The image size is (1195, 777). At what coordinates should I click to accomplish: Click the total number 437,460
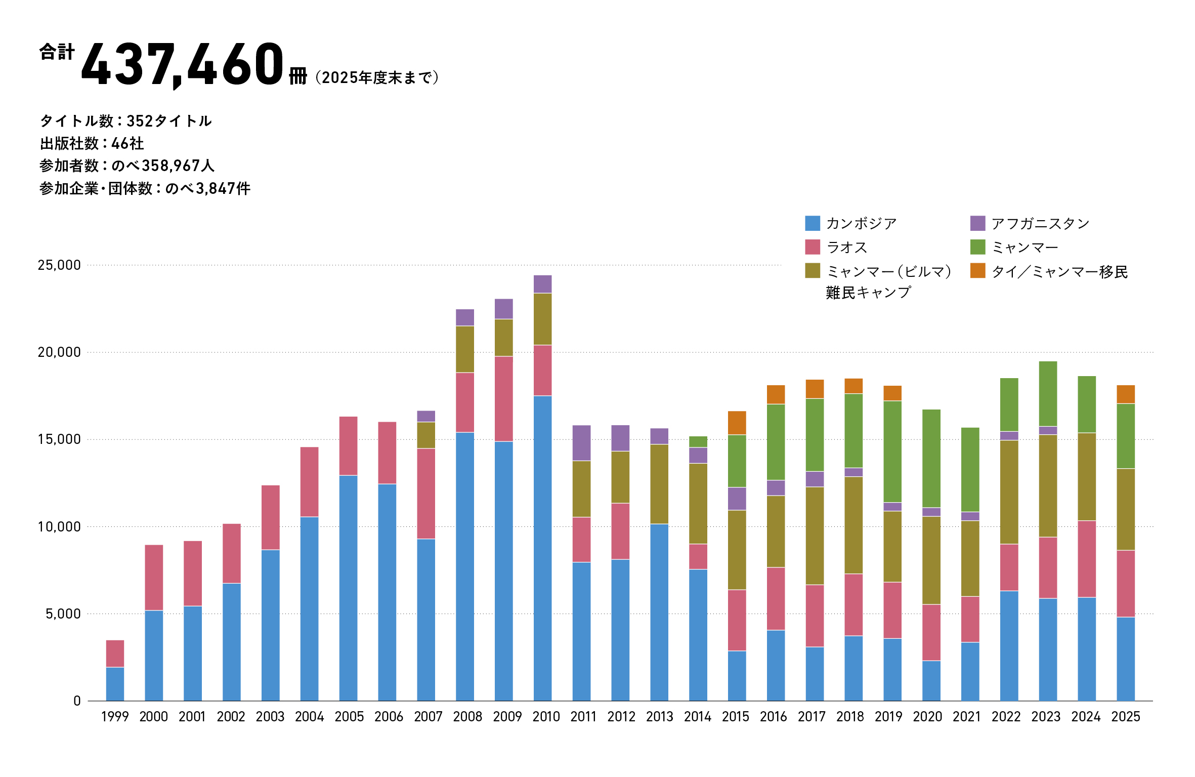coord(182,64)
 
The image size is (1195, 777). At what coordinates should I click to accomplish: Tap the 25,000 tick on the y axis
coord(59,265)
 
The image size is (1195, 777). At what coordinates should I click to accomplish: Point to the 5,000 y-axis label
coord(63,614)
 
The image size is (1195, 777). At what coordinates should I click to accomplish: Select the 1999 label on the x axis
coord(115,717)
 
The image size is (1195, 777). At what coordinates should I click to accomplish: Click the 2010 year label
coord(546,717)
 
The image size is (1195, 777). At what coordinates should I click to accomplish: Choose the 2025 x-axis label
coord(1126,717)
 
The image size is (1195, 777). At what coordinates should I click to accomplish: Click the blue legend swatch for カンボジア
coord(812,223)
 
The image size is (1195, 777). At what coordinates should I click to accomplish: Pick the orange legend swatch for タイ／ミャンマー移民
coord(977,271)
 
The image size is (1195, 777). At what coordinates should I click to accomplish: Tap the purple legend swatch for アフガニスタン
coord(977,223)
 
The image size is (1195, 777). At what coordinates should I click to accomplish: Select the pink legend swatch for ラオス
coord(812,247)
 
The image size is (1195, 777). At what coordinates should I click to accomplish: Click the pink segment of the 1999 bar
coord(115,653)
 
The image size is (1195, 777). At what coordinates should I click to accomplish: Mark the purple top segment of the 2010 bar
coord(542,284)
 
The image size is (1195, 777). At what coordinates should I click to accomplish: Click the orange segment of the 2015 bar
coord(737,423)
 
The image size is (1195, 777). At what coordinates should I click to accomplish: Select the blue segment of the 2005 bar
coord(348,587)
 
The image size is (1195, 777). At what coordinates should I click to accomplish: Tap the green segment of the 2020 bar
coord(931,458)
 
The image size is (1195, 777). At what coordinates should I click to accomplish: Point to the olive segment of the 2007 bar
coord(426,435)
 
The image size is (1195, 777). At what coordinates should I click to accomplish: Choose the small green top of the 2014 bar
coord(698,441)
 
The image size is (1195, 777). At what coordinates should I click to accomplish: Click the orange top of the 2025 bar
coord(1126,394)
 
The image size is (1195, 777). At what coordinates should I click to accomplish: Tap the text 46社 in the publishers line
coord(127,144)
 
